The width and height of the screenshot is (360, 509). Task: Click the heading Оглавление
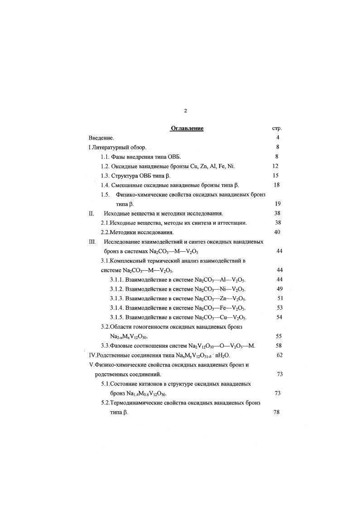pyautogui.click(x=187, y=128)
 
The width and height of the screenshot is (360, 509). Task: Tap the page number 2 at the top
pyautogui.click(x=185, y=110)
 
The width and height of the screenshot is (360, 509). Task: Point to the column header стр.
pyautogui.click(x=276, y=128)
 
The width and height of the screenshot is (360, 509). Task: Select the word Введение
pyautogui.click(x=101, y=138)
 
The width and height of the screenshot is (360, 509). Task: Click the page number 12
pyautogui.click(x=275, y=166)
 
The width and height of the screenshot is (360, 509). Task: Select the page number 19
pyautogui.click(x=278, y=204)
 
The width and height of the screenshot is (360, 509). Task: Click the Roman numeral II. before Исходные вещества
pyautogui.click(x=91, y=213)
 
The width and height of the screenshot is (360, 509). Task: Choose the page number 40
pyautogui.click(x=278, y=232)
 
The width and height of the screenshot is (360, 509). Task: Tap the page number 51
pyautogui.click(x=279, y=298)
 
